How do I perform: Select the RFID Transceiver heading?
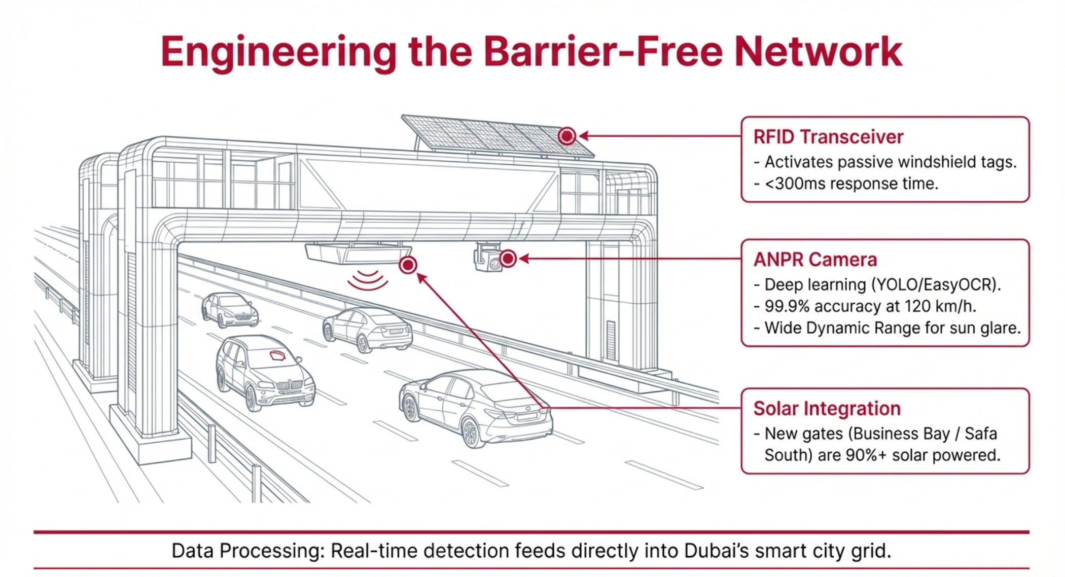tap(828, 137)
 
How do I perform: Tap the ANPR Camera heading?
tap(814, 260)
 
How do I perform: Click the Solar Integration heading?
tap(827, 409)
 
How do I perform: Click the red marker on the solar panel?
tap(566, 136)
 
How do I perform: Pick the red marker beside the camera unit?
tap(508, 259)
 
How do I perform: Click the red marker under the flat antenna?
tap(408, 265)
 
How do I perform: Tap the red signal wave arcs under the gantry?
tap(368, 280)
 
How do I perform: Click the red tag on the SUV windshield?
tap(277, 355)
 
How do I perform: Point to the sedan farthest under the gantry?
tap(229, 309)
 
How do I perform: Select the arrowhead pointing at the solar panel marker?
tap(583, 136)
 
